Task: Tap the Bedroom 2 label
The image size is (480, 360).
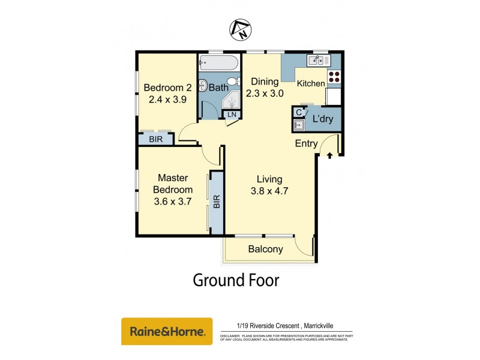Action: click(163, 87)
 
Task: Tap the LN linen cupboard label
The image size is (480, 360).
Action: click(231, 114)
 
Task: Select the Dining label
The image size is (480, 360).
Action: click(265, 82)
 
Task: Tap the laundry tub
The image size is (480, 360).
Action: click(298, 125)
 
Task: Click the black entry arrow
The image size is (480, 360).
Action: click(329, 156)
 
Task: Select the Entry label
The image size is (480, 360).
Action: click(306, 143)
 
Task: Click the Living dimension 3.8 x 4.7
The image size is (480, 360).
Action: click(269, 192)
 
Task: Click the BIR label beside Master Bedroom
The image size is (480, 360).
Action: click(217, 201)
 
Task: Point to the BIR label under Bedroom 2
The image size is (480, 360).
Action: click(155, 139)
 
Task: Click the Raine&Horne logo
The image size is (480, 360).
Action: click(167, 331)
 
